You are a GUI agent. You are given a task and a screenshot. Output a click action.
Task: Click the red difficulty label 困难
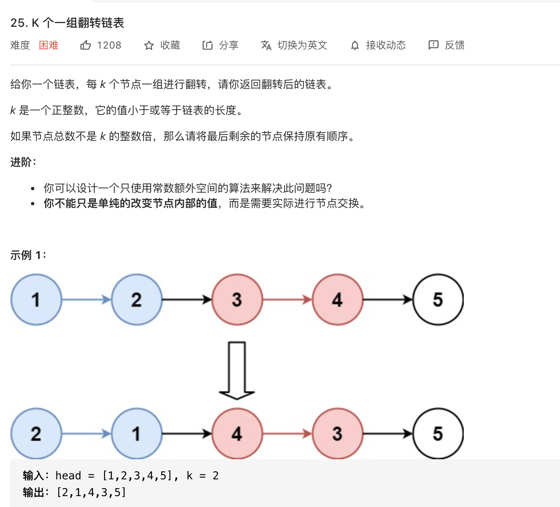tap(49, 45)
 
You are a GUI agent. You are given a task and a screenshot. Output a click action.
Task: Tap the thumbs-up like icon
tap(85, 45)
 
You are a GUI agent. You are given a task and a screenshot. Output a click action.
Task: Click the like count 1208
tap(109, 45)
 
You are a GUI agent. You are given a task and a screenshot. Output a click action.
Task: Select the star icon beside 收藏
tap(149, 46)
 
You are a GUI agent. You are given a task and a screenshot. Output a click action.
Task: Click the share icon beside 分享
tap(208, 45)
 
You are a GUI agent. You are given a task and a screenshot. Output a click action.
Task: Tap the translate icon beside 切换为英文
tap(266, 45)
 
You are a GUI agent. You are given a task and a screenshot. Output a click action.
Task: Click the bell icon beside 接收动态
tap(355, 46)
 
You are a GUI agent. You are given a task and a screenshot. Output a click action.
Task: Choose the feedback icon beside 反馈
tap(433, 45)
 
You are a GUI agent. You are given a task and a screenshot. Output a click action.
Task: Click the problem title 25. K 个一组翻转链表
tap(67, 23)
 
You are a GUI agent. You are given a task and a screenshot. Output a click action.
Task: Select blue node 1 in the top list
tap(36, 300)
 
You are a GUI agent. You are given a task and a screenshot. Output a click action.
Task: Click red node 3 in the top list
tap(237, 300)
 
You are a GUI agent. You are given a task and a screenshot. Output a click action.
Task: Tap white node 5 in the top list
tap(438, 300)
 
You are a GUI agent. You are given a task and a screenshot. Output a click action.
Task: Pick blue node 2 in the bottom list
tap(36, 434)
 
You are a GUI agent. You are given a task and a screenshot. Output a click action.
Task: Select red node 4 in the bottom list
tap(237, 434)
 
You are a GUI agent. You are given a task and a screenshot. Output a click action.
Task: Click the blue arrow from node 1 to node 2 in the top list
tap(86, 300)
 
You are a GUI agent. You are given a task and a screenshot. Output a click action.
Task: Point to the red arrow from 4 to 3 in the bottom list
tap(288, 434)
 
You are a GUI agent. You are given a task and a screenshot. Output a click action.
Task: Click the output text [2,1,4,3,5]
tap(91, 492)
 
